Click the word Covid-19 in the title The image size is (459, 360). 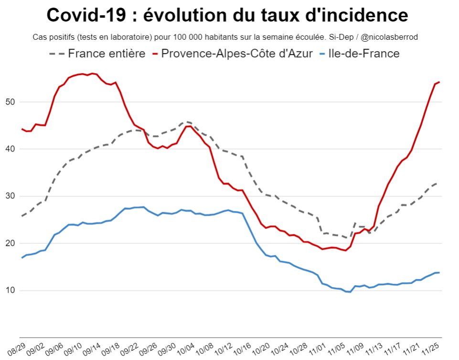coord(87,15)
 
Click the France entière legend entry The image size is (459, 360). coord(106,53)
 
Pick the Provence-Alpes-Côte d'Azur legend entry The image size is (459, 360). coord(237,53)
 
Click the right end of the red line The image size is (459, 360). coord(439,82)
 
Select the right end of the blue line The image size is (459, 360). coord(439,273)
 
